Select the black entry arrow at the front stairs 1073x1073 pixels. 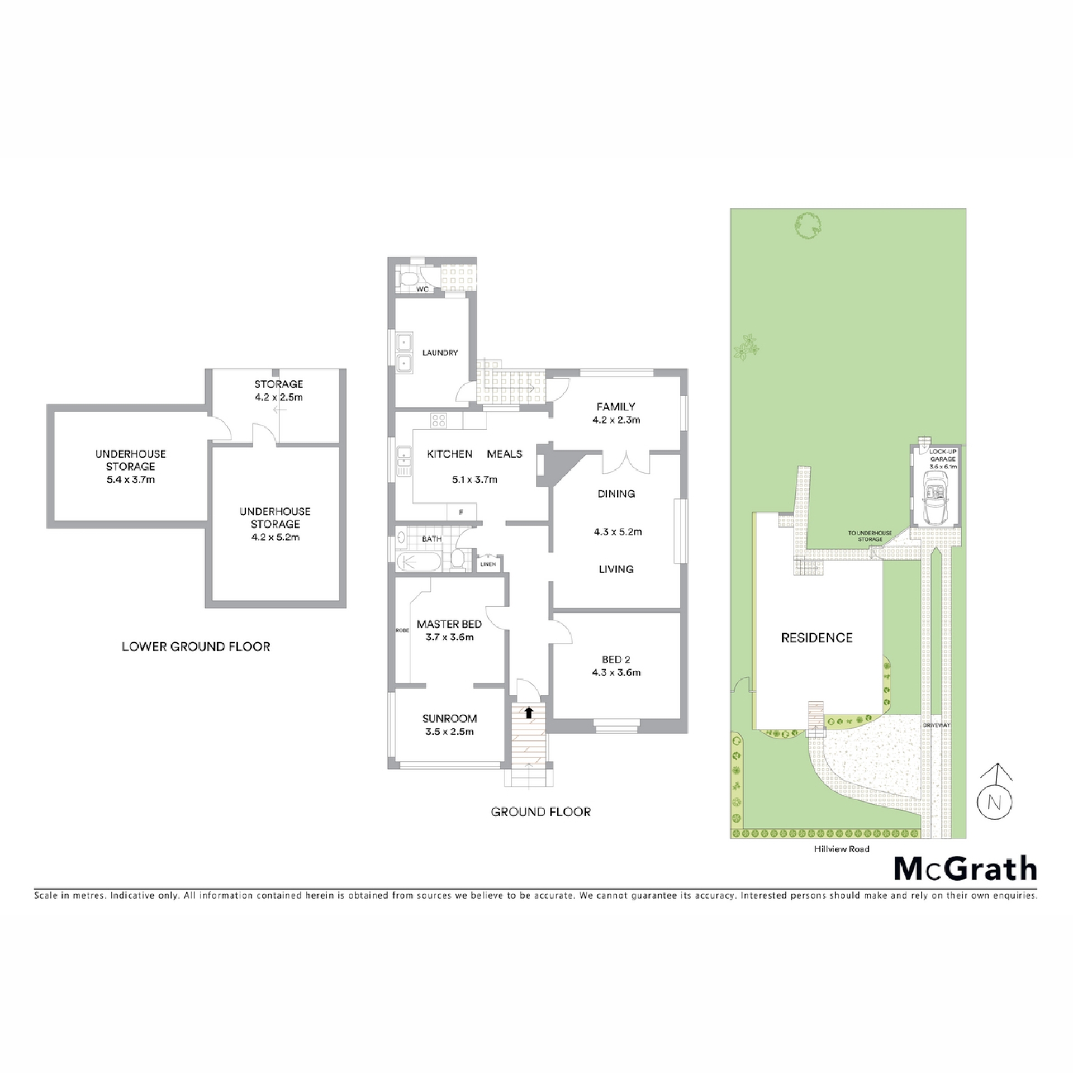(x=528, y=711)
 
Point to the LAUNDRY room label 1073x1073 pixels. (x=440, y=353)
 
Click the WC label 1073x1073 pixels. (x=422, y=289)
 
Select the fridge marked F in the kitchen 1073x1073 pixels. (x=461, y=511)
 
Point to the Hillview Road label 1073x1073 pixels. (x=842, y=849)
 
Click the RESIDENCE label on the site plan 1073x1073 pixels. (x=817, y=638)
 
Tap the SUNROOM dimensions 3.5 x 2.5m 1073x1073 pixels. (x=449, y=732)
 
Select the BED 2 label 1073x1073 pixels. (x=616, y=659)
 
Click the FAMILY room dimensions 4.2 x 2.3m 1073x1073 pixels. (x=616, y=420)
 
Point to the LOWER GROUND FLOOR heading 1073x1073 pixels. (x=196, y=647)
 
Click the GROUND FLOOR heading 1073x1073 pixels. (x=540, y=812)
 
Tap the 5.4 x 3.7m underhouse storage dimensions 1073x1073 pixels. (x=131, y=479)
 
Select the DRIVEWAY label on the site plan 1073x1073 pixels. (x=937, y=725)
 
